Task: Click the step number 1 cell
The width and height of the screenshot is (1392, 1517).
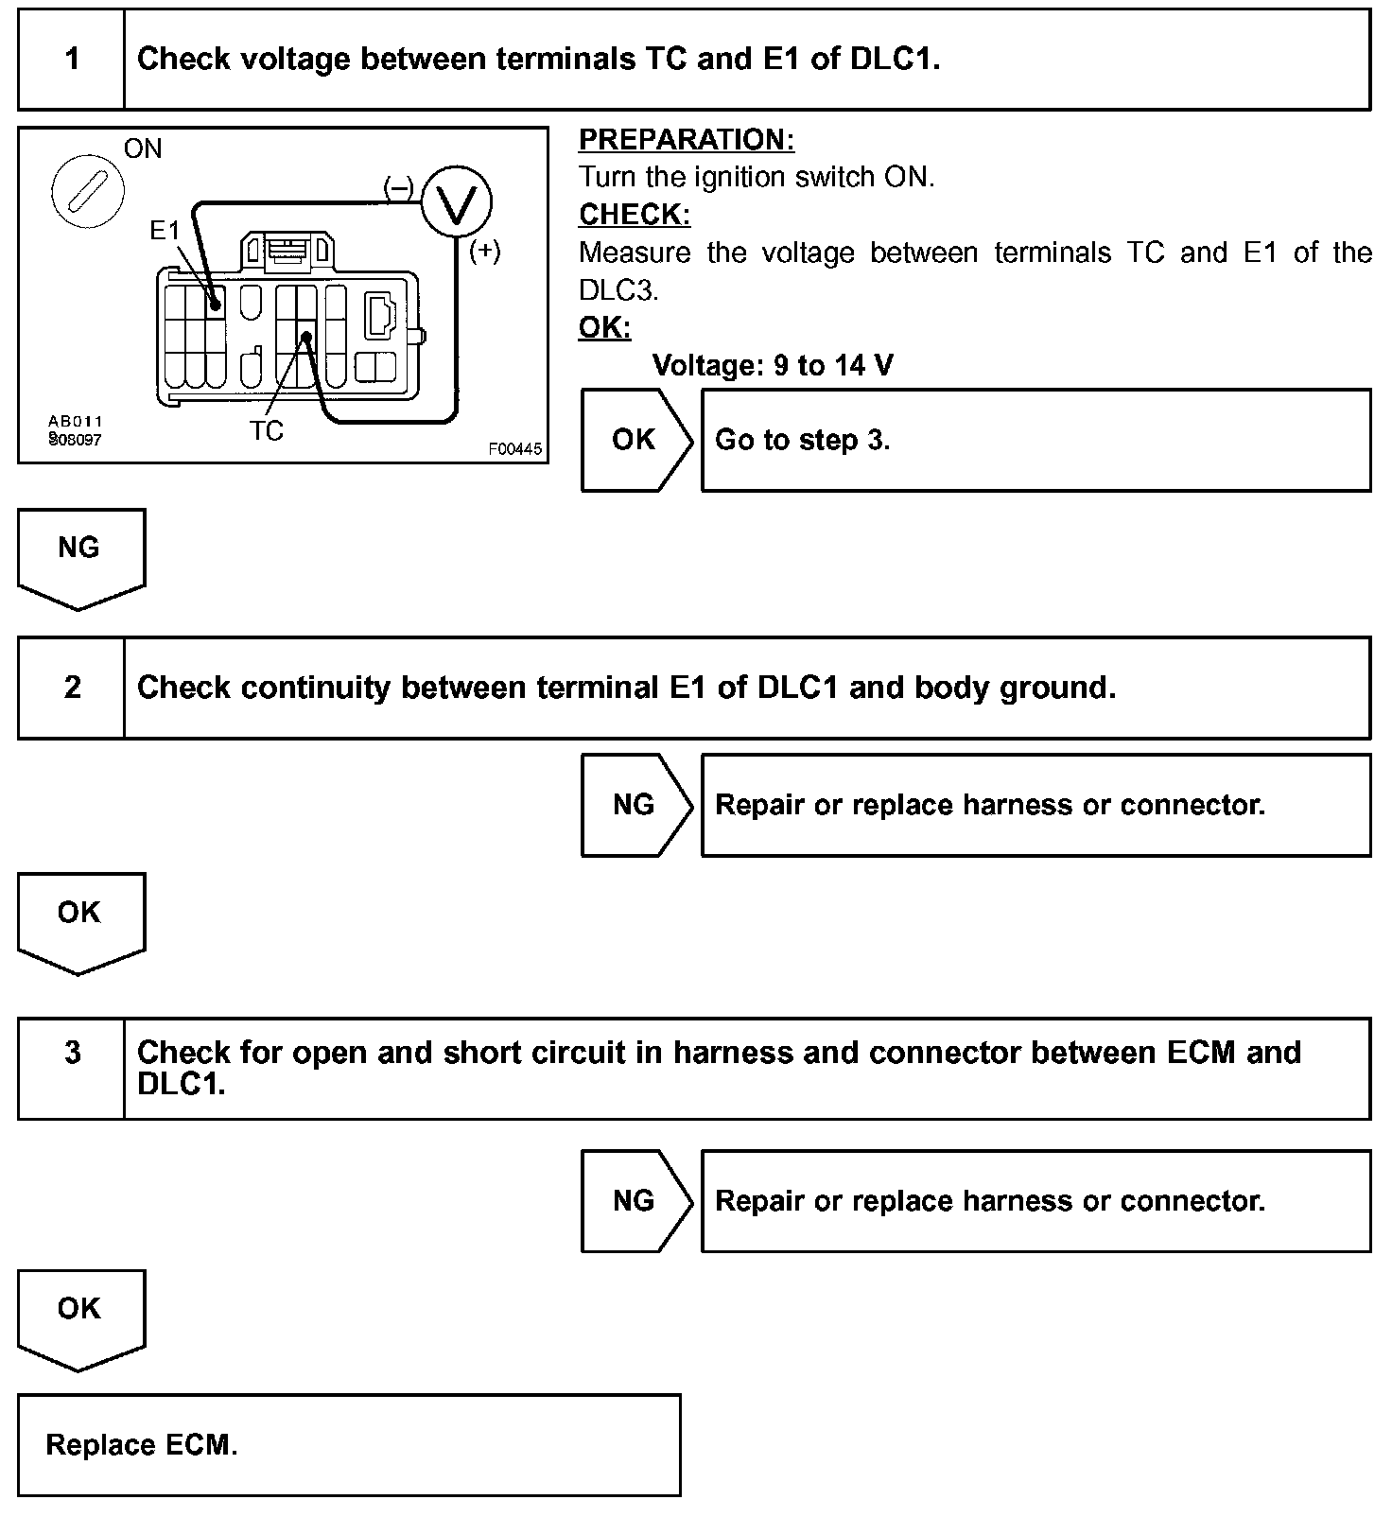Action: (x=72, y=60)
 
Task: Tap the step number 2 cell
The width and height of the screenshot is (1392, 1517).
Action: (x=72, y=688)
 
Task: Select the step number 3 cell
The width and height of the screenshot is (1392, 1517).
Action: (x=72, y=1053)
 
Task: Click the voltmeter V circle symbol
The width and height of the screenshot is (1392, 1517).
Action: (x=456, y=202)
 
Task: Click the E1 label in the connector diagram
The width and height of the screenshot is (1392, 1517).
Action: (x=165, y=230)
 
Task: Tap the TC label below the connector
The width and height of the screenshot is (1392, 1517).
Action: (x=266, y=431)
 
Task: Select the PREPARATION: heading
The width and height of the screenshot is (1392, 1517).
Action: (x=686, y=140)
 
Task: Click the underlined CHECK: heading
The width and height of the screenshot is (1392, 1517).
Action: (x=635, y=215)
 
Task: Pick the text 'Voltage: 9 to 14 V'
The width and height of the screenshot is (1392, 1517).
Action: (x=773, y=365)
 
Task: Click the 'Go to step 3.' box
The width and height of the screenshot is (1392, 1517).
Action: (x=1035, y=440)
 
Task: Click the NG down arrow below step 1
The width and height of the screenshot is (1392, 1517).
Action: (x=79, y=553)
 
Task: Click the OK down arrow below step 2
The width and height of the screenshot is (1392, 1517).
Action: (x=79, y=917)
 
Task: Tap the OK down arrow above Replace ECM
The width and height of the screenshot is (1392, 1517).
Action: (x=79, y=1314)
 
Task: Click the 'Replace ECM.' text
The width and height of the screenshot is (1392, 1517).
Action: (x=142, y=1445)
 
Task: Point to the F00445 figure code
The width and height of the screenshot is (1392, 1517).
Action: (x=515, y=449)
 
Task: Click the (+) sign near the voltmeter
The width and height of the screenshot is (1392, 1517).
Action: (x=485, y=251)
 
